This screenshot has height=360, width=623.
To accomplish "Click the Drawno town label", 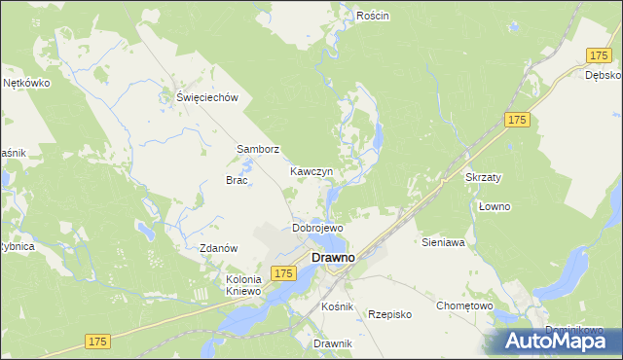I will click(332, 258).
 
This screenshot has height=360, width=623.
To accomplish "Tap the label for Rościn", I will click(373, 17).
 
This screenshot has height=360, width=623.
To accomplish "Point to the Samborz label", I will click(259, 150).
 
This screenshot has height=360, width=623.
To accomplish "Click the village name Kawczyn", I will click(311, 171).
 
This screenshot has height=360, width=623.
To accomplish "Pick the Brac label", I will click(238, 181).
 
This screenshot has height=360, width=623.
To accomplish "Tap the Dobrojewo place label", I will click(317, 228).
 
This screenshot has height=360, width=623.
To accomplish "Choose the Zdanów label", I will click(219, 248).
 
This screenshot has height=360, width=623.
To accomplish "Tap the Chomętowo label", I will click(464, 306).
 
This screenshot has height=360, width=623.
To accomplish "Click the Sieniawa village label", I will click(443, 241).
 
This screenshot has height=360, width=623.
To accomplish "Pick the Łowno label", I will click(495, 207).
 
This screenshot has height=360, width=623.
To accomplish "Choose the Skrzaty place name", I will click(483, 178).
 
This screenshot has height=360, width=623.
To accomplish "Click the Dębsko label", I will click(604, 75).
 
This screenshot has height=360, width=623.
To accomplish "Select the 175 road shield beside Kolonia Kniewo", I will click(283, 274).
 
